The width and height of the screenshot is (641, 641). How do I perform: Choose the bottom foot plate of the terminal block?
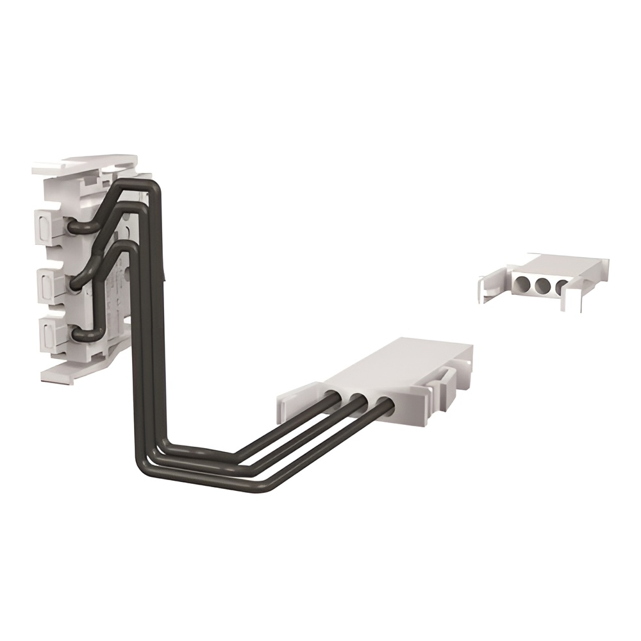click(x=71, y=372)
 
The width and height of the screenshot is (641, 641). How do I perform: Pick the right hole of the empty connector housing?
click(x=561, y=286)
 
